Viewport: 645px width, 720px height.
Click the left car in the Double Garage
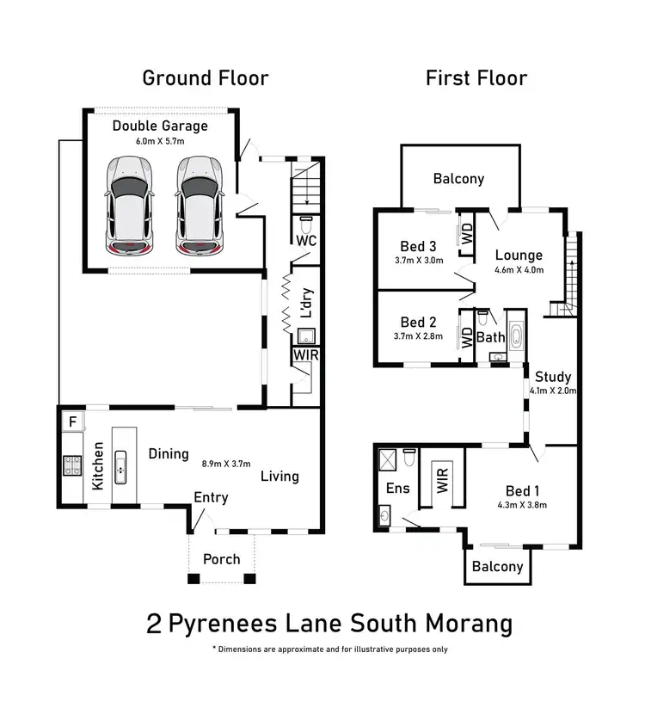click(x=131, y=206)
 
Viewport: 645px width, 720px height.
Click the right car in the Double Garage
click(x=199, y=206)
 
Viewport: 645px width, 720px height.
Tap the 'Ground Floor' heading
click(x=205, y=78)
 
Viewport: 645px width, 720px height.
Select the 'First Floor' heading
click(x=476, y=78)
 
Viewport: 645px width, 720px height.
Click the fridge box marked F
click(x=73, y=422)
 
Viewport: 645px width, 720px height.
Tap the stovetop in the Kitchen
click(x=71, y=465)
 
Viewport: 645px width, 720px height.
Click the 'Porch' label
click(x=221, y=559)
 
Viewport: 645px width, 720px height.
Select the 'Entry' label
click(x=211, y=496)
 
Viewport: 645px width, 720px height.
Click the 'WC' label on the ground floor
click(x=305, y=241)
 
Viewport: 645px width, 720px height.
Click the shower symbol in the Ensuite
click(x=389, y=459)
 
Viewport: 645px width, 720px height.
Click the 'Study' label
click(x=553, y=377)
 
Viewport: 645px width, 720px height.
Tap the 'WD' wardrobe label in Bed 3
click(x=467, y=234)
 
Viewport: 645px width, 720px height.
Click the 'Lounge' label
click(x=519, y=255)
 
